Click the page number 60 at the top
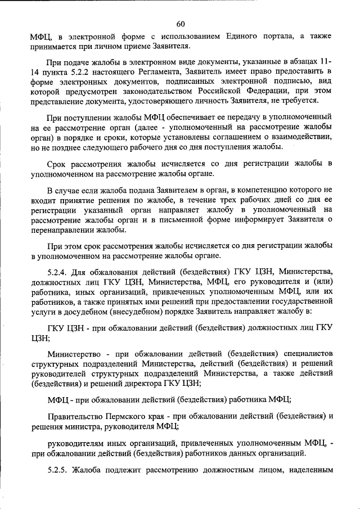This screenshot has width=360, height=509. [180, 23]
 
